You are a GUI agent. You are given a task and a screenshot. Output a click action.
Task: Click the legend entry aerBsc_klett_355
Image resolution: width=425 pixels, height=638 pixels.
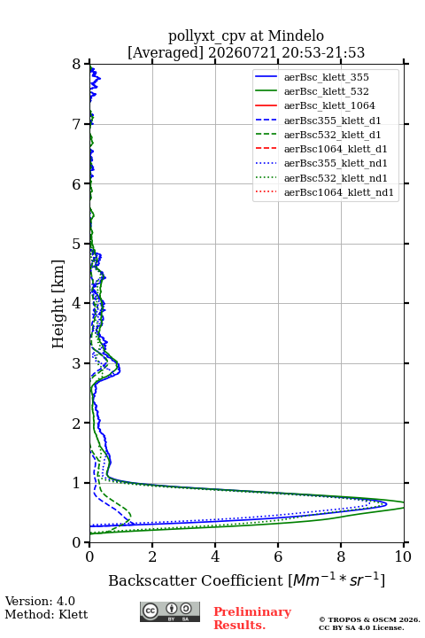(326, 77)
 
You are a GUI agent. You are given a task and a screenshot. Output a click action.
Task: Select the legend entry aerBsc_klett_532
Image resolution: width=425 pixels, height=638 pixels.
(326, 91)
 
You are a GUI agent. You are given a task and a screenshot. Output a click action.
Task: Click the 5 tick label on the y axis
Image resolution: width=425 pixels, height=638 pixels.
(77, 244)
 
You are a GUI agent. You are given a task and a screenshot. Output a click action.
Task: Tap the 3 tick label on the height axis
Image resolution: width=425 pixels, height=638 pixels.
(77, 363)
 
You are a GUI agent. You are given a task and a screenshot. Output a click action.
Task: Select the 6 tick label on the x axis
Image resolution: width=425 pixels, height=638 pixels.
(278, 556)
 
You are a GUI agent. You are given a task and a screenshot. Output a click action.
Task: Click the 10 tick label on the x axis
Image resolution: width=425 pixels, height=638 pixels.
(403, 556)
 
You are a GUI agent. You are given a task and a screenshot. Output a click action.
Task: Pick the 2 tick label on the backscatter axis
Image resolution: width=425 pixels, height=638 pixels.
(152, 556)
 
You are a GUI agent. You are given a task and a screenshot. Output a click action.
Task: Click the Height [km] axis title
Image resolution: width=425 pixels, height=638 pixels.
(58, 304)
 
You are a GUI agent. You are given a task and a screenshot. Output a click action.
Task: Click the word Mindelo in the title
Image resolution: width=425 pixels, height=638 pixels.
(296, 35)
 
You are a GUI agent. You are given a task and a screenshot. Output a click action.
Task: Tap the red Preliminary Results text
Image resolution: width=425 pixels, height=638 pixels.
(252, 618)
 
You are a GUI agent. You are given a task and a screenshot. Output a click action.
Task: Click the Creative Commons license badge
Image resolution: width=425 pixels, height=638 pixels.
(170, 611)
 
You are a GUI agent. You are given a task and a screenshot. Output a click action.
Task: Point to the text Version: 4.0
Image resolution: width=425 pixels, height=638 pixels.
(40, 601)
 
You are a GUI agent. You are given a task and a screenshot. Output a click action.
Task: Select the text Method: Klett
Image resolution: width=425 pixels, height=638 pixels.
(46, 614)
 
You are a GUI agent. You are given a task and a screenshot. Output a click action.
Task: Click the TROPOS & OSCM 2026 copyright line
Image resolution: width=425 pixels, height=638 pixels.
(369, 619)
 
